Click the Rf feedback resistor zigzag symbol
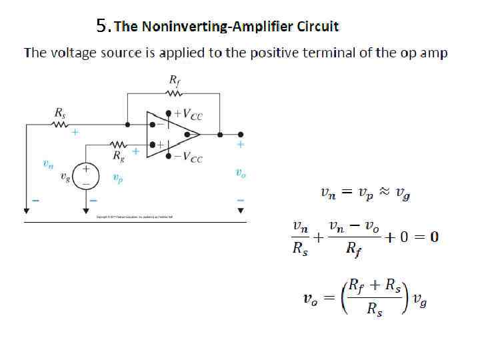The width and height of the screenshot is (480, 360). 174,95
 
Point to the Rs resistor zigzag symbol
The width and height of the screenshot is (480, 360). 60,124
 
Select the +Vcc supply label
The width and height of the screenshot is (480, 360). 189,115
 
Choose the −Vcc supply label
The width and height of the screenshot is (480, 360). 189,158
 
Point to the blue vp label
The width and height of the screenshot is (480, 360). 117,178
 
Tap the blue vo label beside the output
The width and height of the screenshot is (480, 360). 241,173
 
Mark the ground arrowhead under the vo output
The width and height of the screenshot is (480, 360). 241,209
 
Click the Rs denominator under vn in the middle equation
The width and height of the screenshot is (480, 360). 300,251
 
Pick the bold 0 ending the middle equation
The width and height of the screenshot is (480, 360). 434,237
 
